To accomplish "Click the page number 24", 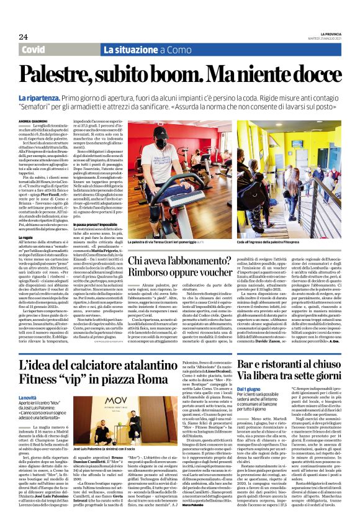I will [23, 37].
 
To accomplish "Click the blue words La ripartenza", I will [38, 98].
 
